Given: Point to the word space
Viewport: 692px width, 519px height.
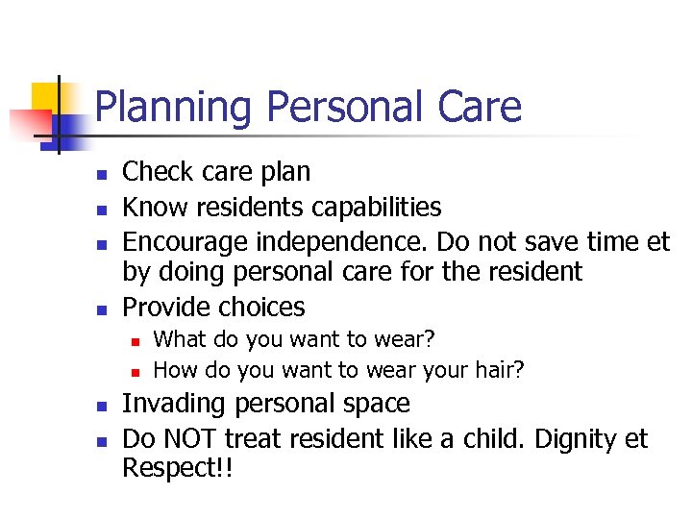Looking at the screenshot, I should coord(374,404).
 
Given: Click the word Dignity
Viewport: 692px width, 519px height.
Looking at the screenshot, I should coord(572,439).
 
